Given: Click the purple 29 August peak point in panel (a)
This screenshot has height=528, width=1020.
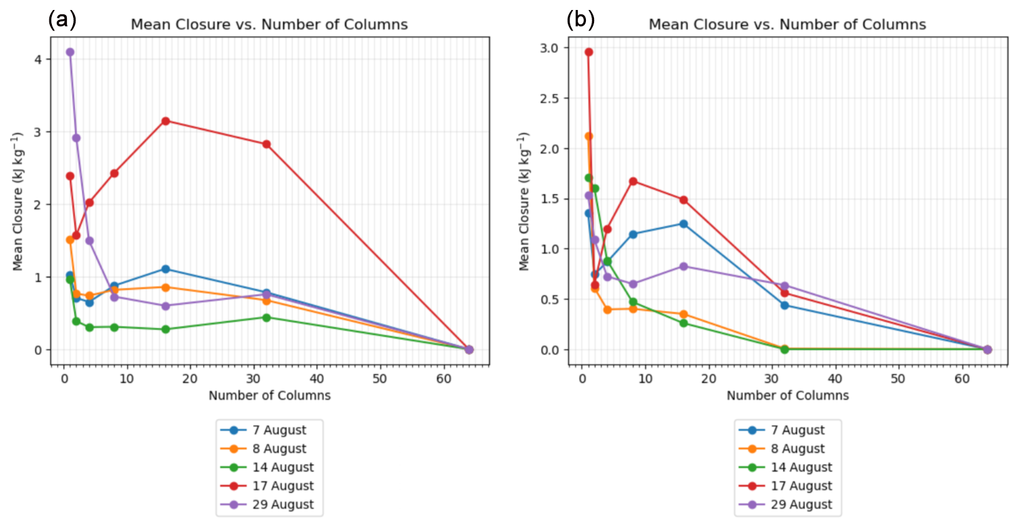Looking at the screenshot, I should (x=70, y=52).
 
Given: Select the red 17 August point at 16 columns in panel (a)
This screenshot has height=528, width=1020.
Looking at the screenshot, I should (x=166, y=121).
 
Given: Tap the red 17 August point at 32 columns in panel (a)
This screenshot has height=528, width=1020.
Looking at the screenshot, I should (x=267, y=144).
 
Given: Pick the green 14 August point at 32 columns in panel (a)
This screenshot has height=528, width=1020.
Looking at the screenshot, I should (x=267, y=318).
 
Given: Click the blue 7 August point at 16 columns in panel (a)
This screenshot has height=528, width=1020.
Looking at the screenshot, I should (x=166, y=269).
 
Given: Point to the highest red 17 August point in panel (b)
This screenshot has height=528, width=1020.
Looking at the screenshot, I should (x=588, y=52).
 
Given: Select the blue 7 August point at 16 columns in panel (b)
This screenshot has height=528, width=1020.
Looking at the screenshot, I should (x=683, y=224).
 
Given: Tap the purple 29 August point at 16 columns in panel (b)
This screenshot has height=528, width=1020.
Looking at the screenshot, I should (x=683, y=266).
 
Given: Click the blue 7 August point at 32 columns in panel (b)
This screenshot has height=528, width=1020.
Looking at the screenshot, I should (x=785, y=305).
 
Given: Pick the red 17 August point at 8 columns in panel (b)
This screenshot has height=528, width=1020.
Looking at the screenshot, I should (x=633, y=182).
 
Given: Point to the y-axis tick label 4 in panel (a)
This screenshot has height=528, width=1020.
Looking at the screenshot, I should (x=39, y=59).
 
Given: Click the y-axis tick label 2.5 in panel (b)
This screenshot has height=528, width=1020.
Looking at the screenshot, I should (x=549, y=99).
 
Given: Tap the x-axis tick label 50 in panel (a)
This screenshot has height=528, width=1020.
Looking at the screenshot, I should (x=380, y=379).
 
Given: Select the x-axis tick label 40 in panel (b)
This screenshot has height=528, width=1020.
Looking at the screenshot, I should (x=835, y=379).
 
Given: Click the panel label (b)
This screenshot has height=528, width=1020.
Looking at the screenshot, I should (x=580, y=20).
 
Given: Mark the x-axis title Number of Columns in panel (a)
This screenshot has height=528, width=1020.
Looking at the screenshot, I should (x=269, y=396).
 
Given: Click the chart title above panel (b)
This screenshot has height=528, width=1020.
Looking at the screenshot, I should (x=787, y=25).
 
